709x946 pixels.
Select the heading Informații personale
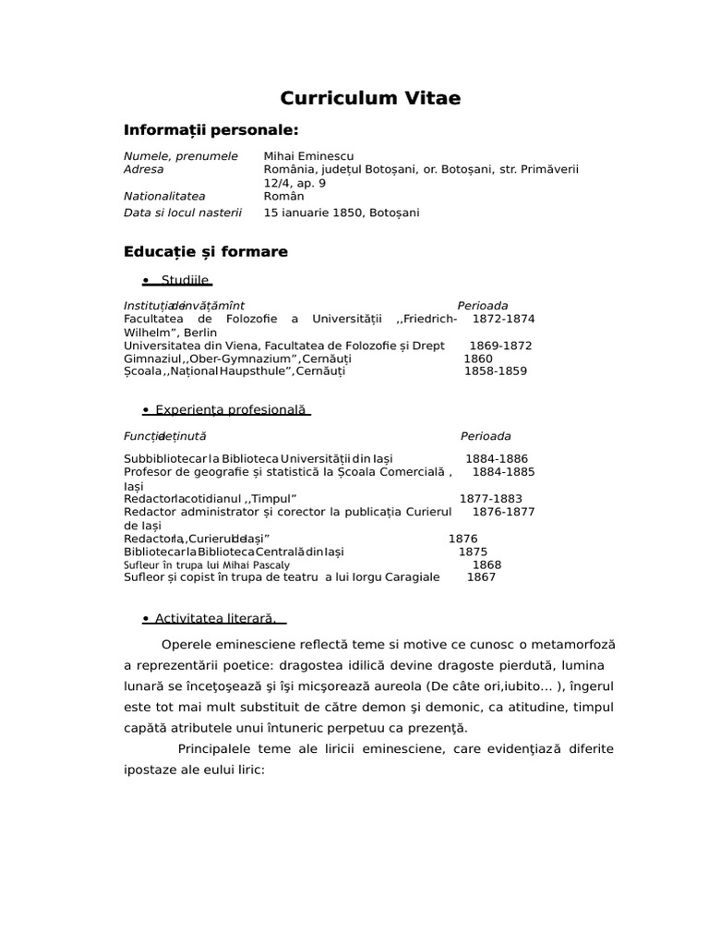[211, 129]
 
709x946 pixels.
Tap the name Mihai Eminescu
[308, 156]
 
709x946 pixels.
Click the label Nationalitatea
[164, 197]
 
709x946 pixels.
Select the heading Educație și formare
[205, 251]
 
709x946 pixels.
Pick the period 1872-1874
[503, 319]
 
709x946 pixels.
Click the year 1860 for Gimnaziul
[478, 358]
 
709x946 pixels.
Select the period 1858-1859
[495, 371]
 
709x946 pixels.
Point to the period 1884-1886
[497, 458]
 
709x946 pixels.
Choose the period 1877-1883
[491, 498]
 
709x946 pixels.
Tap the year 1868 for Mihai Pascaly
[487, 564]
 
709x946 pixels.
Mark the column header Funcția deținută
[165, 436]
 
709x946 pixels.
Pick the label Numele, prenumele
[181, 156]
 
